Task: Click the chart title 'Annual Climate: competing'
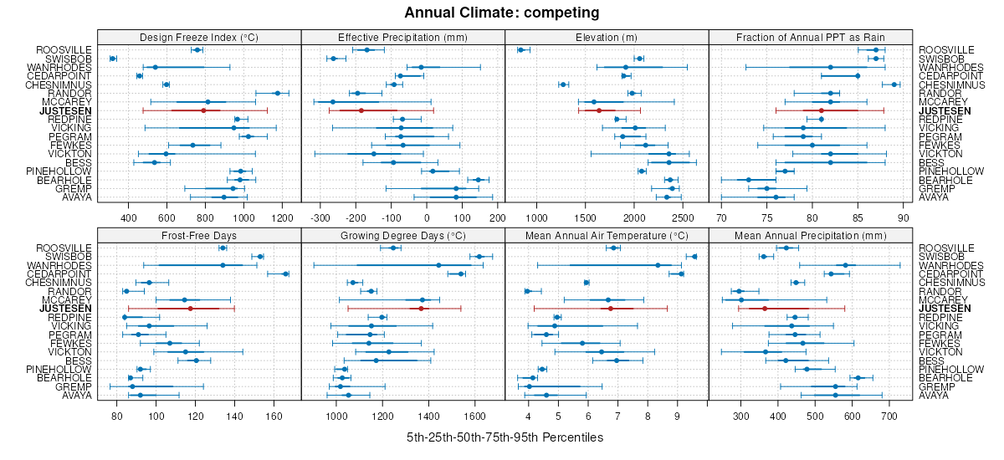tap(502, 13)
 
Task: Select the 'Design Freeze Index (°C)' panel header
tap(199, 37)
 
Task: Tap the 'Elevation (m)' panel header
tap(607, 37)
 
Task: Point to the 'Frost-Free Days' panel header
tap(199, 235)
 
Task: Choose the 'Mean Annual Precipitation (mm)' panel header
tap(811, 235)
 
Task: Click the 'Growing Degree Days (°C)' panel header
tap(402, 235)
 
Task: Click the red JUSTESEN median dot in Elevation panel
tap(599, 110)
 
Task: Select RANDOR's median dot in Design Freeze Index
tap(278, 93)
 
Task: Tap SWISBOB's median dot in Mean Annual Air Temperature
tap(694, 257)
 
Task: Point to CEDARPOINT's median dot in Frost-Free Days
tap(285, 273)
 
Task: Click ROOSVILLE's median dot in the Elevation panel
tap(520, 50)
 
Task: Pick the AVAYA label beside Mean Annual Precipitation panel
tap(934, 395)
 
